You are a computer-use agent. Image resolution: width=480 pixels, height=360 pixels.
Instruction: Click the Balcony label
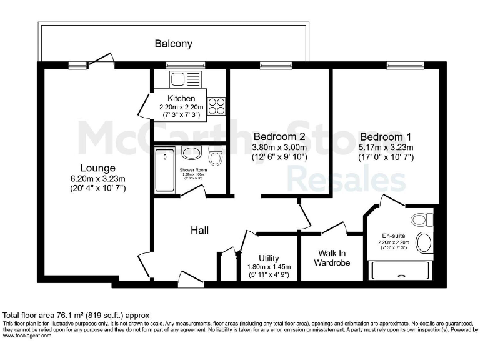click(x=173, y=44)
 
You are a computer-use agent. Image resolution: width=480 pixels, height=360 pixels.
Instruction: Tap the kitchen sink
click(x=177, y=79)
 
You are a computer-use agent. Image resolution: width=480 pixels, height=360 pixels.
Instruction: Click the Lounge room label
click(x=97, y=167)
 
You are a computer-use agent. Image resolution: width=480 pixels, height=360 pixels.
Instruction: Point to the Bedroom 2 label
click(x=279, y=136)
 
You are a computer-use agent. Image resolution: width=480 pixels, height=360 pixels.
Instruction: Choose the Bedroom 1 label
click(x=386, y=137)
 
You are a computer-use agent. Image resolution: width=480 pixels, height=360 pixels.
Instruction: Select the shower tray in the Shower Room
click(x=165, y=170)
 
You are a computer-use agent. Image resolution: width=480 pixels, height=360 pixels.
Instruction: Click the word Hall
click(x=199, y=231)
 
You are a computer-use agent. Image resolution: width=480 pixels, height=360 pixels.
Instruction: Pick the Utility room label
click(x=269, y=258)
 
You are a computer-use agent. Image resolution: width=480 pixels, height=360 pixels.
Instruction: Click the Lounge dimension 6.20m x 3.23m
click(x=97, y=179)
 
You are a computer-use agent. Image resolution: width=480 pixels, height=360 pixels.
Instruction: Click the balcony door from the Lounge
click(x=101, y=61)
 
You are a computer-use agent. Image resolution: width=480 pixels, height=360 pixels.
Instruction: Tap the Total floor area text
click(x=76, y=316)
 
